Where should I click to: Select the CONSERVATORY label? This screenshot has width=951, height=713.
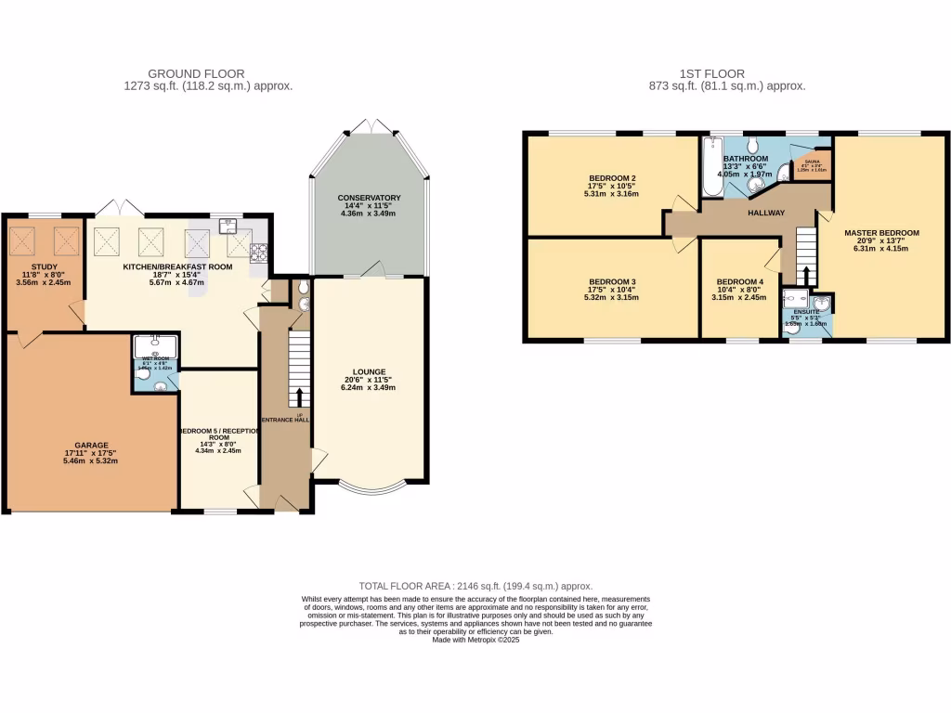pos(369,198)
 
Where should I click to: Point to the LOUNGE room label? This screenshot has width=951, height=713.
pos(369,371)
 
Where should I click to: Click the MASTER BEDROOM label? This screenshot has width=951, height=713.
pos(881,233)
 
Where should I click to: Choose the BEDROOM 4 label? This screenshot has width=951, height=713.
pos(740,281)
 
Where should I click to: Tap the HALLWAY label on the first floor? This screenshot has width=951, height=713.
pos(766,214)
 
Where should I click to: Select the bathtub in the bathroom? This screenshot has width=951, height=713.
pos(712,167)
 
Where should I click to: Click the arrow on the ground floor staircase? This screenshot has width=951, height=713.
pos(299,397)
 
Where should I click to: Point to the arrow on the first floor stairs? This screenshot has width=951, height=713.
pos(806,276)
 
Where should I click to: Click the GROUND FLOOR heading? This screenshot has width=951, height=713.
pos(196,73)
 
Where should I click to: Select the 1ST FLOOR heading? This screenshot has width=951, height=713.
pos(726,73)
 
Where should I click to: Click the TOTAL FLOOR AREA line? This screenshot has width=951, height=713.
pos(475,586)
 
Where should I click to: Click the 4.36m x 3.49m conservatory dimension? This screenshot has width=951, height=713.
pos(369,214)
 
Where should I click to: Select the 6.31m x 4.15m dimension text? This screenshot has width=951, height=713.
pos(881,248)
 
